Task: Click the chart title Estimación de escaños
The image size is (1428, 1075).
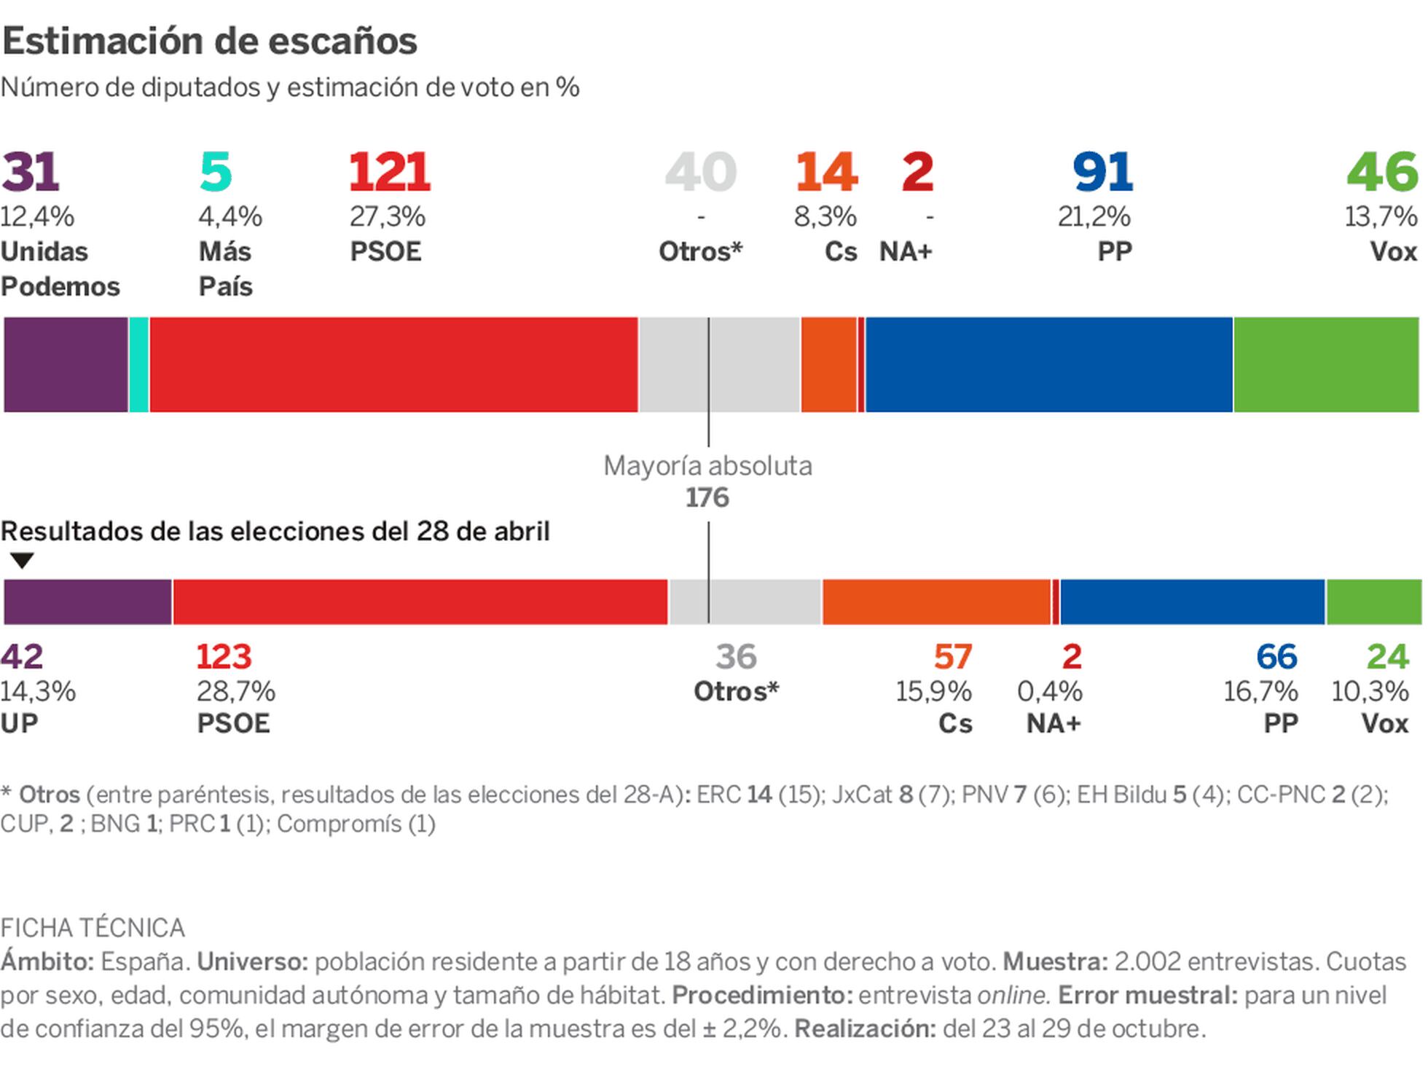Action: pos(209,41)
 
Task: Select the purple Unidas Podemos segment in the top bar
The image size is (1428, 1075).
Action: pos(66,365)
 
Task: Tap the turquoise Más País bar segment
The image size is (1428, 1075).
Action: pos(138,365)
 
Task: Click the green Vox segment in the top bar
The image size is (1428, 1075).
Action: pos(1326,365)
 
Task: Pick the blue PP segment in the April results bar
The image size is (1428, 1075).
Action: pos(1192,602)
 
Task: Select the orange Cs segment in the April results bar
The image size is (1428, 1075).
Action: pos(936,602)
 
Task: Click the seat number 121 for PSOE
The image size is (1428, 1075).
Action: pos(390,173)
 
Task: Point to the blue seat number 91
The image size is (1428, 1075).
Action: pos(1102,173)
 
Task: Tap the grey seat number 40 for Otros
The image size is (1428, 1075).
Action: pos(700,173)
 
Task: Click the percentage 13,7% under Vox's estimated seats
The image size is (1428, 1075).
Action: pos(1380,216)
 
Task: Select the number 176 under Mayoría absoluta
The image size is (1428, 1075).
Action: pos(707,498)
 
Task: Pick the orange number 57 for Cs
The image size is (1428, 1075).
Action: pos(952,657)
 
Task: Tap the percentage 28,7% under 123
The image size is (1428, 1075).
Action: pos(236,691)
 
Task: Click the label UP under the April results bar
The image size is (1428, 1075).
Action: pos(19,724)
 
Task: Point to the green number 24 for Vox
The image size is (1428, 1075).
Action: pos(1387,657)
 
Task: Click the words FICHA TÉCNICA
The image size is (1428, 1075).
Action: pos(93,929)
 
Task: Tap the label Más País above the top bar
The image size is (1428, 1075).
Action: pos(225,269)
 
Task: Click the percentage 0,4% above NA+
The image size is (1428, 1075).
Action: pos(1049,691)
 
